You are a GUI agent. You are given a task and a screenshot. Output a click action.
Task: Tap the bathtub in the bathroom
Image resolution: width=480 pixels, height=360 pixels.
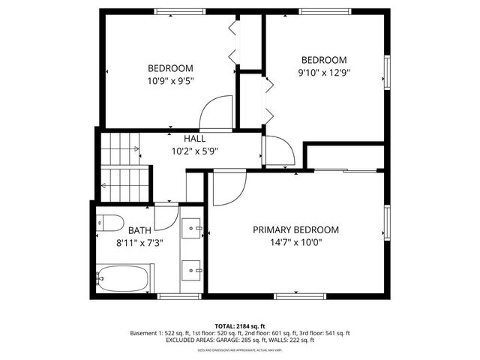click(125, 279)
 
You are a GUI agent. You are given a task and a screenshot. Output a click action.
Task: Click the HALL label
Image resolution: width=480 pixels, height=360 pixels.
click(195, 139)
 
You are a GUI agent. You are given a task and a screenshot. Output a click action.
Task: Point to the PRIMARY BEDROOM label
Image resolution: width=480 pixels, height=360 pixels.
click(295, 230)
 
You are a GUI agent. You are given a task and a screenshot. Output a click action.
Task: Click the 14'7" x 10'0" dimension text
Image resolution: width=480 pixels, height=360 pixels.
click(295, 242)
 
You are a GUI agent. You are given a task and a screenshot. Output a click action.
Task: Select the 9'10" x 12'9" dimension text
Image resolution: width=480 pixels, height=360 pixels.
click(324, 73)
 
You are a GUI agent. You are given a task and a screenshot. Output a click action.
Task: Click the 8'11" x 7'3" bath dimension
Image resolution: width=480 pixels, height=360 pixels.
click(139, 242)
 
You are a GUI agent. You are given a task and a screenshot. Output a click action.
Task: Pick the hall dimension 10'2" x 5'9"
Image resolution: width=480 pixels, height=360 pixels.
click(195, 151)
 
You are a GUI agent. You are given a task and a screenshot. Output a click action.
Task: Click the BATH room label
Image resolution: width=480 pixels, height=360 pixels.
click(139, 230)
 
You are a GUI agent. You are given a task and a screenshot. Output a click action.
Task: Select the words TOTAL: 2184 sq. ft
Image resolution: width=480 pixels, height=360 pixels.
click(240, 326)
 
